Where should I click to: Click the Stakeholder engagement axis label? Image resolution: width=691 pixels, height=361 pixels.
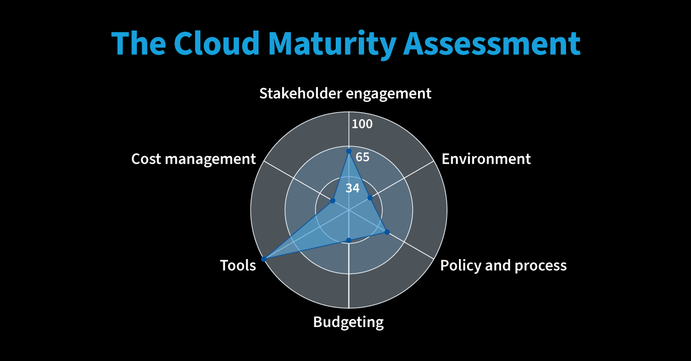pos(345,94)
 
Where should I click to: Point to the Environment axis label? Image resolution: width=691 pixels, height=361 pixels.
pos(486,159)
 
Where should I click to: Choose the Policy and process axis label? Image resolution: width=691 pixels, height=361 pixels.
pos(503,265)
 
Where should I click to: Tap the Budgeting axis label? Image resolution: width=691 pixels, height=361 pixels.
pos(348,322)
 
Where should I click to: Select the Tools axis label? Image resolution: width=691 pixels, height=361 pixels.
pos(238,265)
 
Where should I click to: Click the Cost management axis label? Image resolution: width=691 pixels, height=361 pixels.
pos(193,159)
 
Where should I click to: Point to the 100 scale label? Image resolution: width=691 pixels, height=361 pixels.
pos(362,124)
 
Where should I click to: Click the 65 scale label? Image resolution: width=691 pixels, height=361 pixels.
pos(362,157)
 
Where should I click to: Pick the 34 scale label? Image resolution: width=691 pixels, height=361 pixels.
pos(352,188)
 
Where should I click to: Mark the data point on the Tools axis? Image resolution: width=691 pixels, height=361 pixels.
pos(263,260)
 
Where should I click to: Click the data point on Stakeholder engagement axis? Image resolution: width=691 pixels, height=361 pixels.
pos(348,151)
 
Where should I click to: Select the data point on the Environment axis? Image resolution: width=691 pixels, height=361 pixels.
pos(370,197)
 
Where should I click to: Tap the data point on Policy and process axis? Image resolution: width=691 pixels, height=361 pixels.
pos(387,232)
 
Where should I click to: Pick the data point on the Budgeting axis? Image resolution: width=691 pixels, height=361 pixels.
pos(348,240)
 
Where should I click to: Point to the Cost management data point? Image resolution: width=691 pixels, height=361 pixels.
pos(332,201)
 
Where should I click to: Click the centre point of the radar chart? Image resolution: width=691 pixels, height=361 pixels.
pos(348,210)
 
